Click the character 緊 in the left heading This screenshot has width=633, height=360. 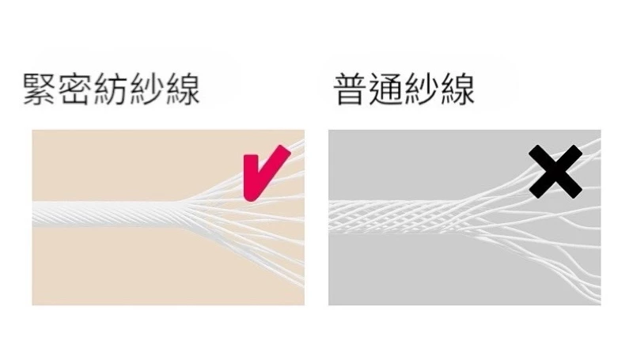point(39,89)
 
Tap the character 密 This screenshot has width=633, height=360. point(74,89)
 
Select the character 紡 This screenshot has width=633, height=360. point(110,89)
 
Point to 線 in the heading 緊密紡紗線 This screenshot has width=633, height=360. point(183,89)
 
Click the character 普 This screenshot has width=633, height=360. point(350,89)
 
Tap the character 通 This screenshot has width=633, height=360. point(385,89)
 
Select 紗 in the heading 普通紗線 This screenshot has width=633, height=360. point(421,89)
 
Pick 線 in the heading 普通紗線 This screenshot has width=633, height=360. point(457,89)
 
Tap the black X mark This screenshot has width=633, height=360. point(555,172)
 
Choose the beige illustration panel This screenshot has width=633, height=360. point(168,218)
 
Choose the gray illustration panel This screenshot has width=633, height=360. point(464,218)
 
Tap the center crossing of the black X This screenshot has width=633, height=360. point(555,172)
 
